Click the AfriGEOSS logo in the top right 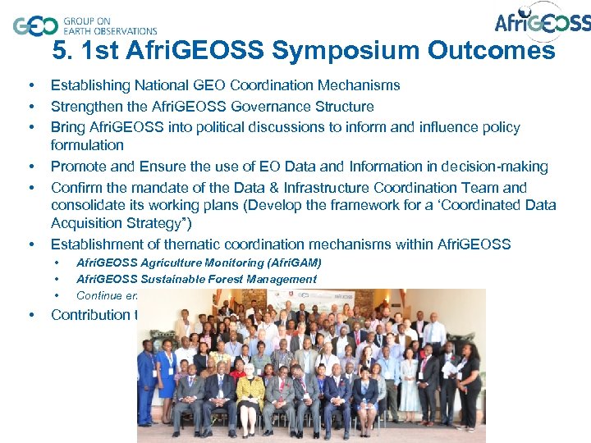(x=542, y=22)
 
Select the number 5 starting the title (x=60, y=51)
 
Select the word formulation (x=87, y=145)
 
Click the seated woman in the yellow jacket (x=250, y=394)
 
